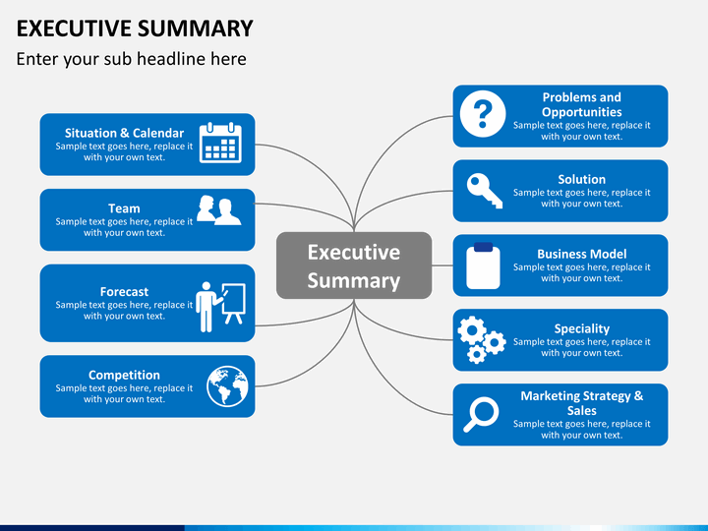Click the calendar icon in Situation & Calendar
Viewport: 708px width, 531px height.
coord(221,143)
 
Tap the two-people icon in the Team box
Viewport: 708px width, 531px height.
coord(219,210)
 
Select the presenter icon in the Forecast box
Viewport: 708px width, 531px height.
coord(221,307)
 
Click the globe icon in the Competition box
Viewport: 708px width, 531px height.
coord(227,386)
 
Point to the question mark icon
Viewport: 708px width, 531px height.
coord(483,114)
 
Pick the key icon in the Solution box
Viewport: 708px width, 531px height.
coord(485,191)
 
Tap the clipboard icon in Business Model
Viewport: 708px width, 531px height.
coord(483,265)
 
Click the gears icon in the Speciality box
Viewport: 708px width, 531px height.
coord(481,339)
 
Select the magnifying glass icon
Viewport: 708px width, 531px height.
coord(481,414)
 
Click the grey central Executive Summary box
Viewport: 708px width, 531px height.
coord(354,265)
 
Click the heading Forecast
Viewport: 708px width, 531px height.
coord(124,292)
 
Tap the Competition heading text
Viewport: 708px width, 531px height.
coord(124,376)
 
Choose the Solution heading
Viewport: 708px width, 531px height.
coord(581,179)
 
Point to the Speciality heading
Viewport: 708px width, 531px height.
coord(581,329)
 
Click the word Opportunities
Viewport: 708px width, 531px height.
coord(581,112)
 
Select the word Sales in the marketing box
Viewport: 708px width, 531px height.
coord(581,410)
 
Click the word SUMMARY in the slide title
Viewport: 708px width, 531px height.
coord(195,29)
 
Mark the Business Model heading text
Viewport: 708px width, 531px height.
coord(581,254)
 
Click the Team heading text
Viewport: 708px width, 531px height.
coord(124,208)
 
